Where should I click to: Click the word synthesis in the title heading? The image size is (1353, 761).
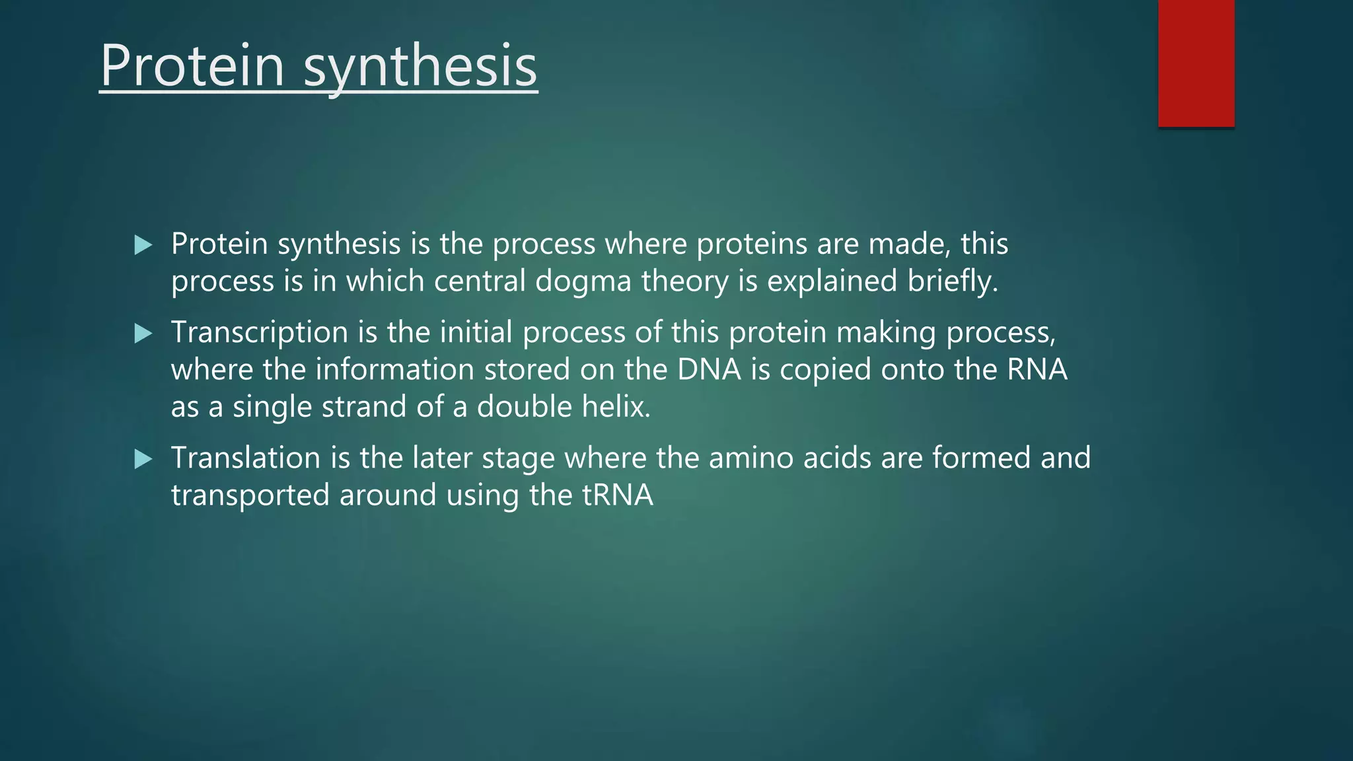420,67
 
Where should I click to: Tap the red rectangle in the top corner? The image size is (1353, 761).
1196,63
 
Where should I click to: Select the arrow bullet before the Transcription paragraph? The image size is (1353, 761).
143,333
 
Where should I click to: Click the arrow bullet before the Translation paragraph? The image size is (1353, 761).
143,459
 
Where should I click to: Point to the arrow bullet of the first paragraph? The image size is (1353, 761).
143,245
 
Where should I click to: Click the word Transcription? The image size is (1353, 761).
259,332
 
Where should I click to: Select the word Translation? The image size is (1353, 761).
245,458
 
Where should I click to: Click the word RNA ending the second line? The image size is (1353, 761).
1037,369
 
